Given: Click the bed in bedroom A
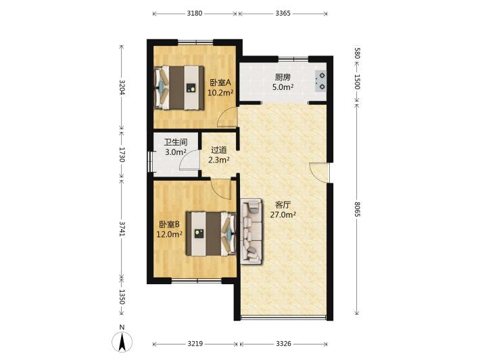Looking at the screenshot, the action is click(179, 87).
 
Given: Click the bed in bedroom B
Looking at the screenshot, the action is click(211, 233).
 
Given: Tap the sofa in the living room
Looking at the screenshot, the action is click(251, 231).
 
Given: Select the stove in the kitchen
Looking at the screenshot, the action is click(320, 81).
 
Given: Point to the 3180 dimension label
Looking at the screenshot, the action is click(195, 14).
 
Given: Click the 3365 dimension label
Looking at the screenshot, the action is click(283, 14).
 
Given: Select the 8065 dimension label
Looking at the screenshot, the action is click(357, 209).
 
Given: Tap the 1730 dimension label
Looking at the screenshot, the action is click(122, 155).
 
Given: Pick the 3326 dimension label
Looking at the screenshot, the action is click(283, 344).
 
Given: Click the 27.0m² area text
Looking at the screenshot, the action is click(283, 215).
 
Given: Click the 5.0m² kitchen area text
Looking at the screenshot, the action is click(283, 87).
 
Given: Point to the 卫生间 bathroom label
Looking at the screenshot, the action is click(176, 142).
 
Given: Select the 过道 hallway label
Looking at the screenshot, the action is click(219, 150).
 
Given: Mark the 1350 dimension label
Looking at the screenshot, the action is click(122, 296).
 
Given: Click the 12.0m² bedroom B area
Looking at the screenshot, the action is click(170, 235).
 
